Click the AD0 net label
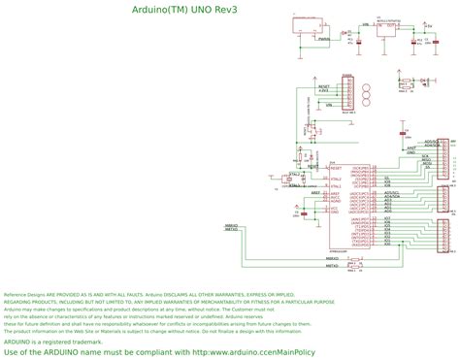coord(388,191)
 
